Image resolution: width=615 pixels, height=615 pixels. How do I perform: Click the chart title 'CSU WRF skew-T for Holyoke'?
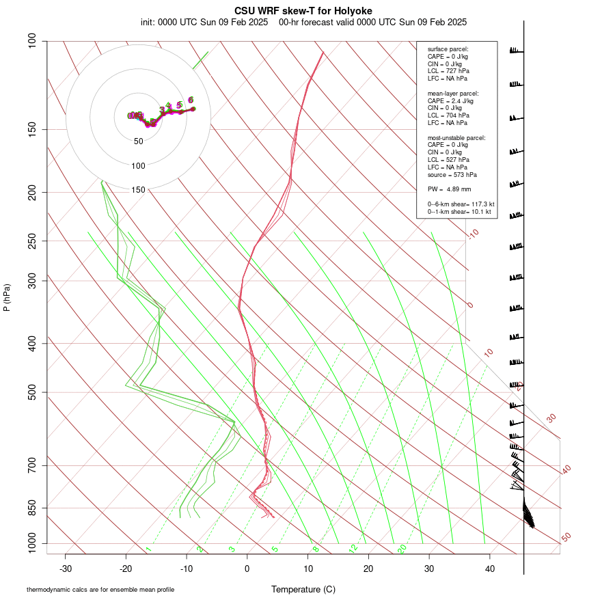(x=303, y=11)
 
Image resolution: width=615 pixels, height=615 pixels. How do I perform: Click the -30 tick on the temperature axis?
(x=66, y=569)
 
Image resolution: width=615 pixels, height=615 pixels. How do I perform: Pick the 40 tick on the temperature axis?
(x=489, y=569)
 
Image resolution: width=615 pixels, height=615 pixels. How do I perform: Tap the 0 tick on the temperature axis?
(x=247, y=569)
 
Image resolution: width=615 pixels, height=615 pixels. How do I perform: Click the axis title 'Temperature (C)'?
(x=303, y=589)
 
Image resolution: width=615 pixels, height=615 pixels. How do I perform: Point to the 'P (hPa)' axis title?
(x=7, y=298)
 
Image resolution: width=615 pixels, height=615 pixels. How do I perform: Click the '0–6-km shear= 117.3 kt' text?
(x=461, y=204)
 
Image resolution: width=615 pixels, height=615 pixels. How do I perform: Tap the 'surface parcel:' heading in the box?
(x=448, y=49)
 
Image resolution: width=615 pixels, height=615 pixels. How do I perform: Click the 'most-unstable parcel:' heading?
(x=456, y=138)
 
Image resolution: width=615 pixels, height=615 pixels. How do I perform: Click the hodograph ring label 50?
(x=139, y=141)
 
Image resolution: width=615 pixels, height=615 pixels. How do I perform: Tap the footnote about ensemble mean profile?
(x=100, y=590)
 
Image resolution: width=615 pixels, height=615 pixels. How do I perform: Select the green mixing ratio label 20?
(x=402, y=549)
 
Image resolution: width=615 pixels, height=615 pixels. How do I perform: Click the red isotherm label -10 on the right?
(x=472, y=234)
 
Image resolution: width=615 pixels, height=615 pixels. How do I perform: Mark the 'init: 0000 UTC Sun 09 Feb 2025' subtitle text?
(x=204, y=22)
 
